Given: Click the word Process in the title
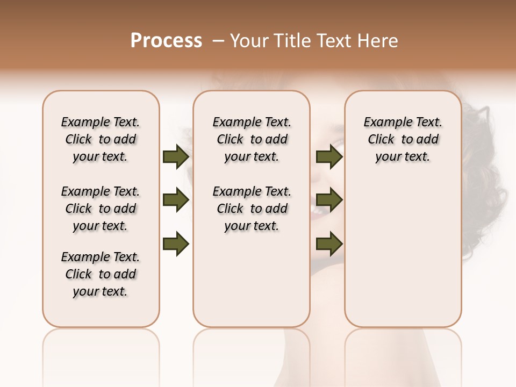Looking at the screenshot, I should click(166, 41).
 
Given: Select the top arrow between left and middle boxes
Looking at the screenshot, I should click(175, 156).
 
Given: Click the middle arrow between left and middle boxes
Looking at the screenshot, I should click(175, 200).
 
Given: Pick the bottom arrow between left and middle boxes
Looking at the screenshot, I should click(175, 244).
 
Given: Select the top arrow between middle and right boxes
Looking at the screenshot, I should click(329, 156).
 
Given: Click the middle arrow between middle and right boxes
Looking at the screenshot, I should click(329, 200).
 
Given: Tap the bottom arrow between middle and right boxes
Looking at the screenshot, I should click(329, 244).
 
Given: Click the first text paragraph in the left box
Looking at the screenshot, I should click(101, 139).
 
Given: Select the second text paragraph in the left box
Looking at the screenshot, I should click(101, 209).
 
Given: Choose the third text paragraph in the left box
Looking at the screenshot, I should click(101, 274).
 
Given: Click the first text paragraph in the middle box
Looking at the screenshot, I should click(252, 139).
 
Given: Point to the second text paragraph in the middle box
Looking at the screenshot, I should click(252, 209).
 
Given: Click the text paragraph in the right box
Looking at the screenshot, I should click(403, 139).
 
